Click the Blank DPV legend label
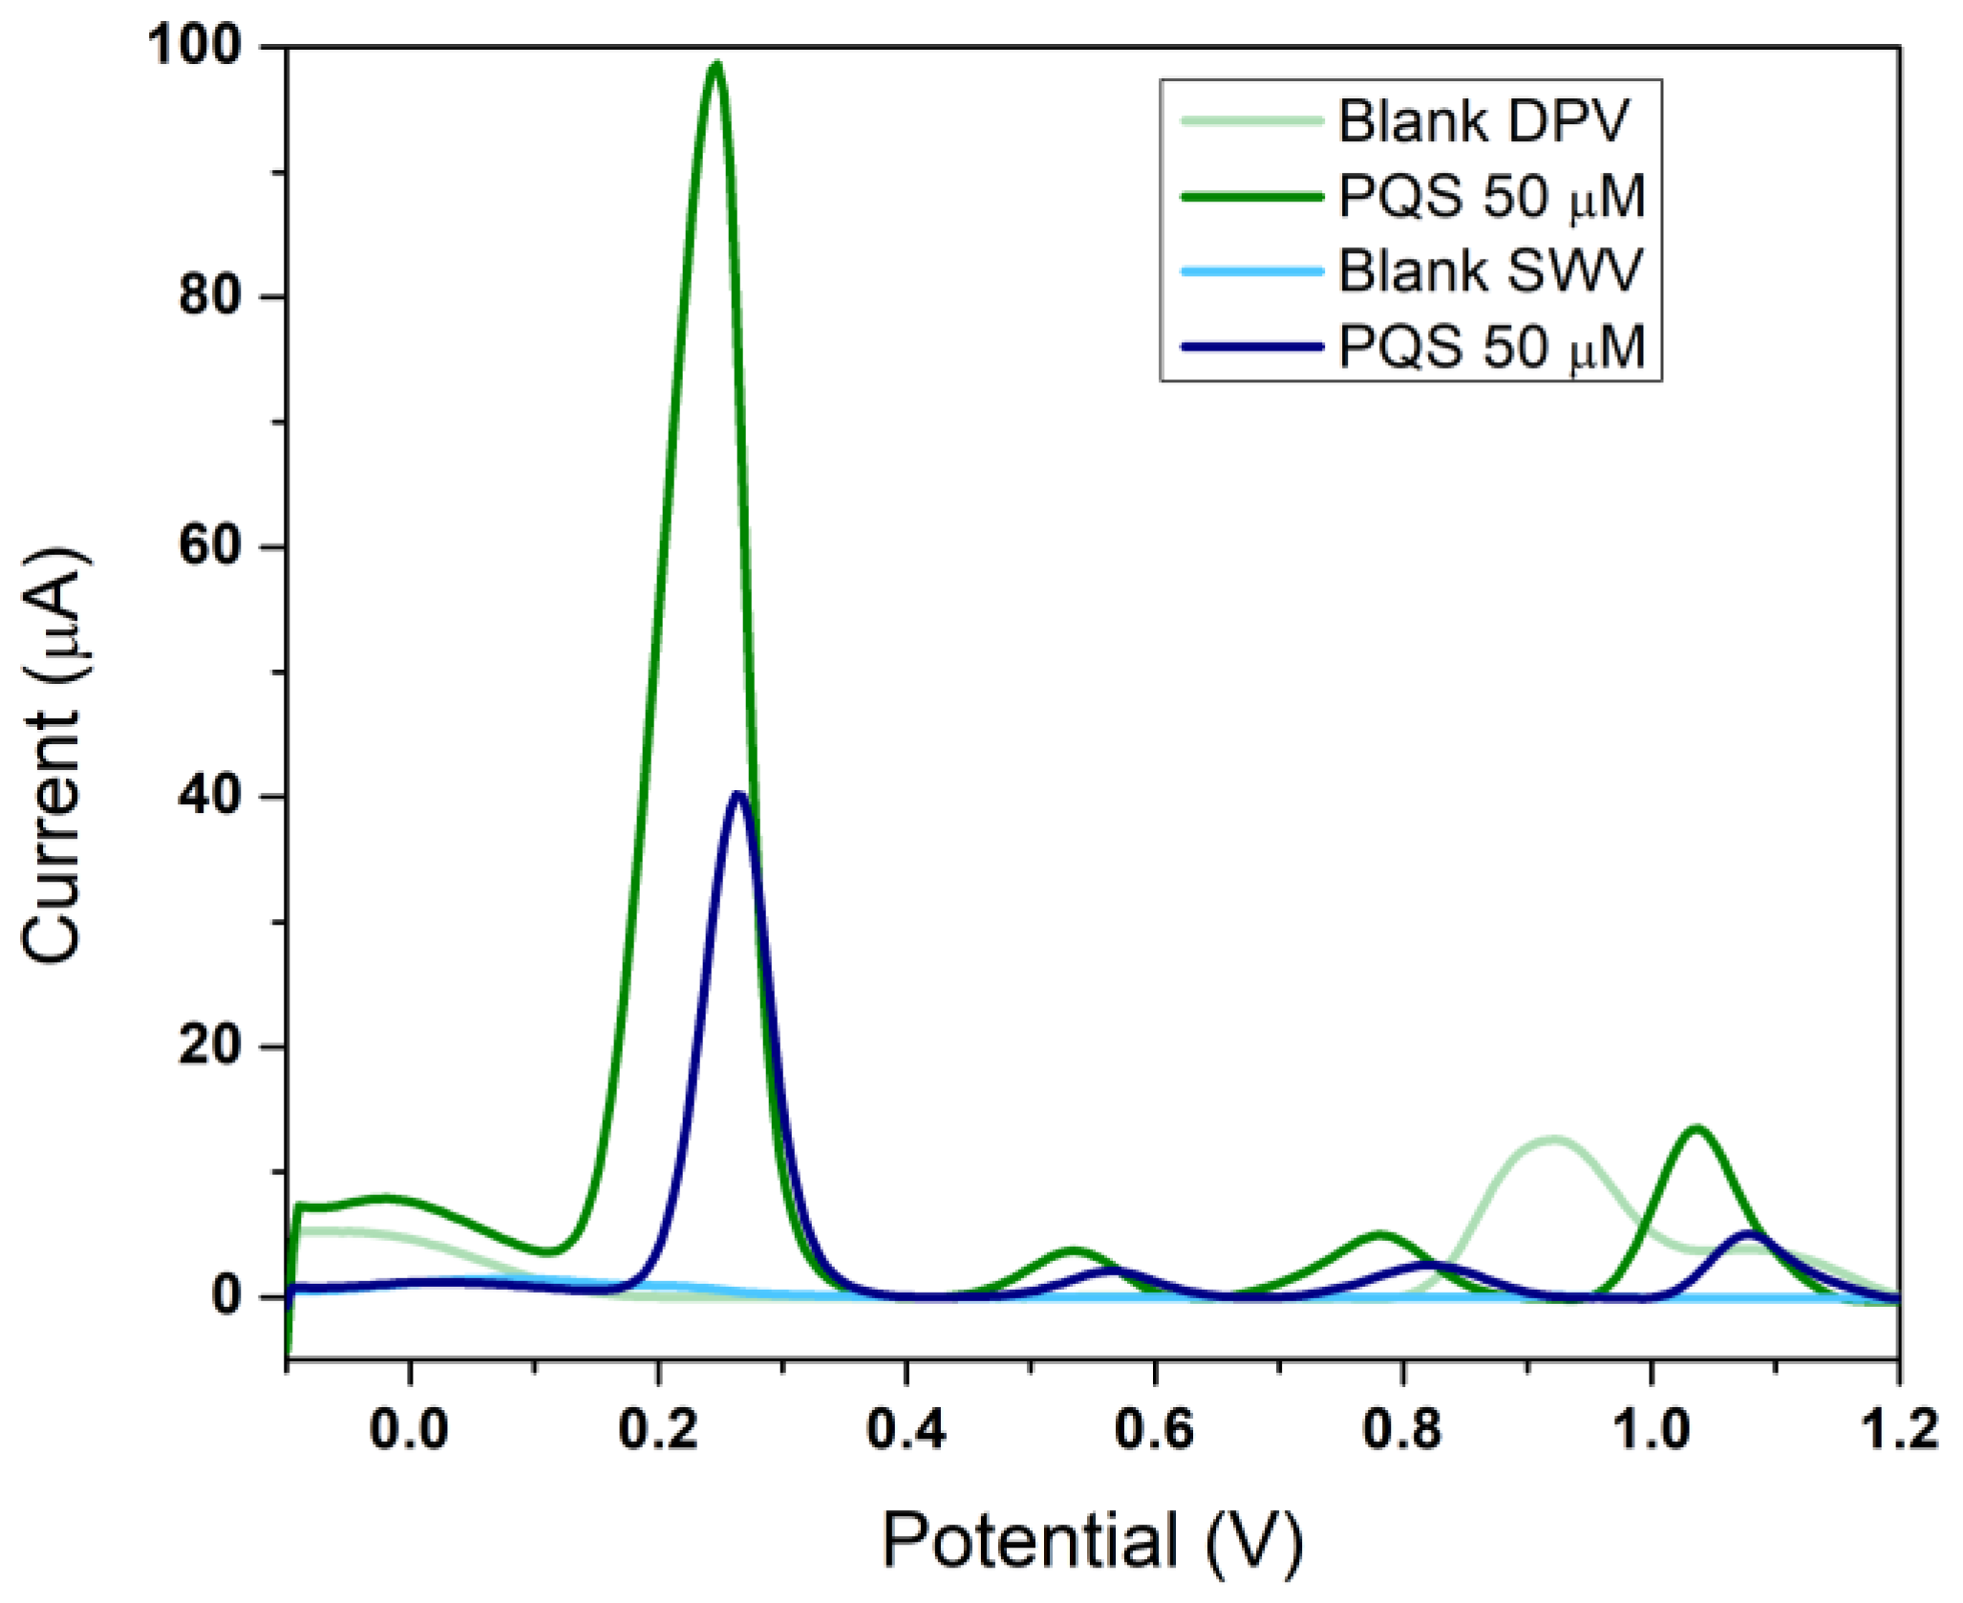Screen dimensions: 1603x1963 coord(1483,121)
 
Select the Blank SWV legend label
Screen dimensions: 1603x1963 coord(1490,270)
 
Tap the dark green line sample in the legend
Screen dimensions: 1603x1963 coord(1252,197)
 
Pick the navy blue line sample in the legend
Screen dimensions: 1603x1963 coord(1252,346)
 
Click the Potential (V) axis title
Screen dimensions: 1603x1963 coord(1092,1540)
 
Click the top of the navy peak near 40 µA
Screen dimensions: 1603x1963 coord(737,795)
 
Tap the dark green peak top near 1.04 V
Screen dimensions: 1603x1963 coord(1696,1129)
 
